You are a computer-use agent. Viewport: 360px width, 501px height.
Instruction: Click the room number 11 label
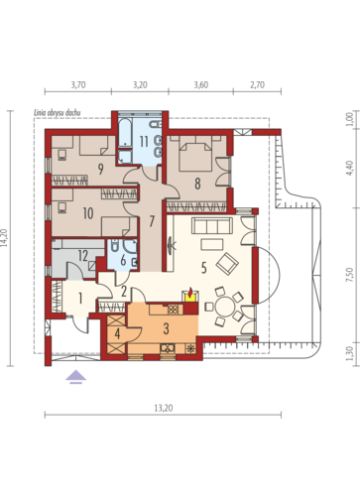(144, 142)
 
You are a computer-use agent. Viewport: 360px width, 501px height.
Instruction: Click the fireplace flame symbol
(190, 293)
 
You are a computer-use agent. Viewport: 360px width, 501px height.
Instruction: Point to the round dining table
(224, 307)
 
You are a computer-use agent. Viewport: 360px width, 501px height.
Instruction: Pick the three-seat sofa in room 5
(212, 225)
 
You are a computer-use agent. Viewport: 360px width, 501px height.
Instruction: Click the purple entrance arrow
(76, 377)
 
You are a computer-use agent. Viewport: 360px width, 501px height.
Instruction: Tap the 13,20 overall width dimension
(164, 408)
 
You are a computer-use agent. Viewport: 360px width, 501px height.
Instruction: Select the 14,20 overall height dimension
(4, 238)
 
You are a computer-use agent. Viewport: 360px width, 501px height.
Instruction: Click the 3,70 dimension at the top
(78, 85)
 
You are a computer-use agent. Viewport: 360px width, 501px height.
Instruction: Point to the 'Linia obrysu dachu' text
(58, 113)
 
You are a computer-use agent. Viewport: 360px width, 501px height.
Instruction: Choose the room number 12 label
(83, 255)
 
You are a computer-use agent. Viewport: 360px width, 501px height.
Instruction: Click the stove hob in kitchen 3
(174, 310)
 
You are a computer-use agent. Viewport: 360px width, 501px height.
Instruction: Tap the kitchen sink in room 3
(168, 348)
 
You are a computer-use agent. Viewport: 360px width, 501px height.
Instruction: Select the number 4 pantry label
(117, 333)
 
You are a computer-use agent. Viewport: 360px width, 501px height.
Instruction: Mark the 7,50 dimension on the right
(351, 275)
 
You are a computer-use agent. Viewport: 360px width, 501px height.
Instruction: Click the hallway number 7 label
(152, 221)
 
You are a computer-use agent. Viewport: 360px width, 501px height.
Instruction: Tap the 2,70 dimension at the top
(257, 85)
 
